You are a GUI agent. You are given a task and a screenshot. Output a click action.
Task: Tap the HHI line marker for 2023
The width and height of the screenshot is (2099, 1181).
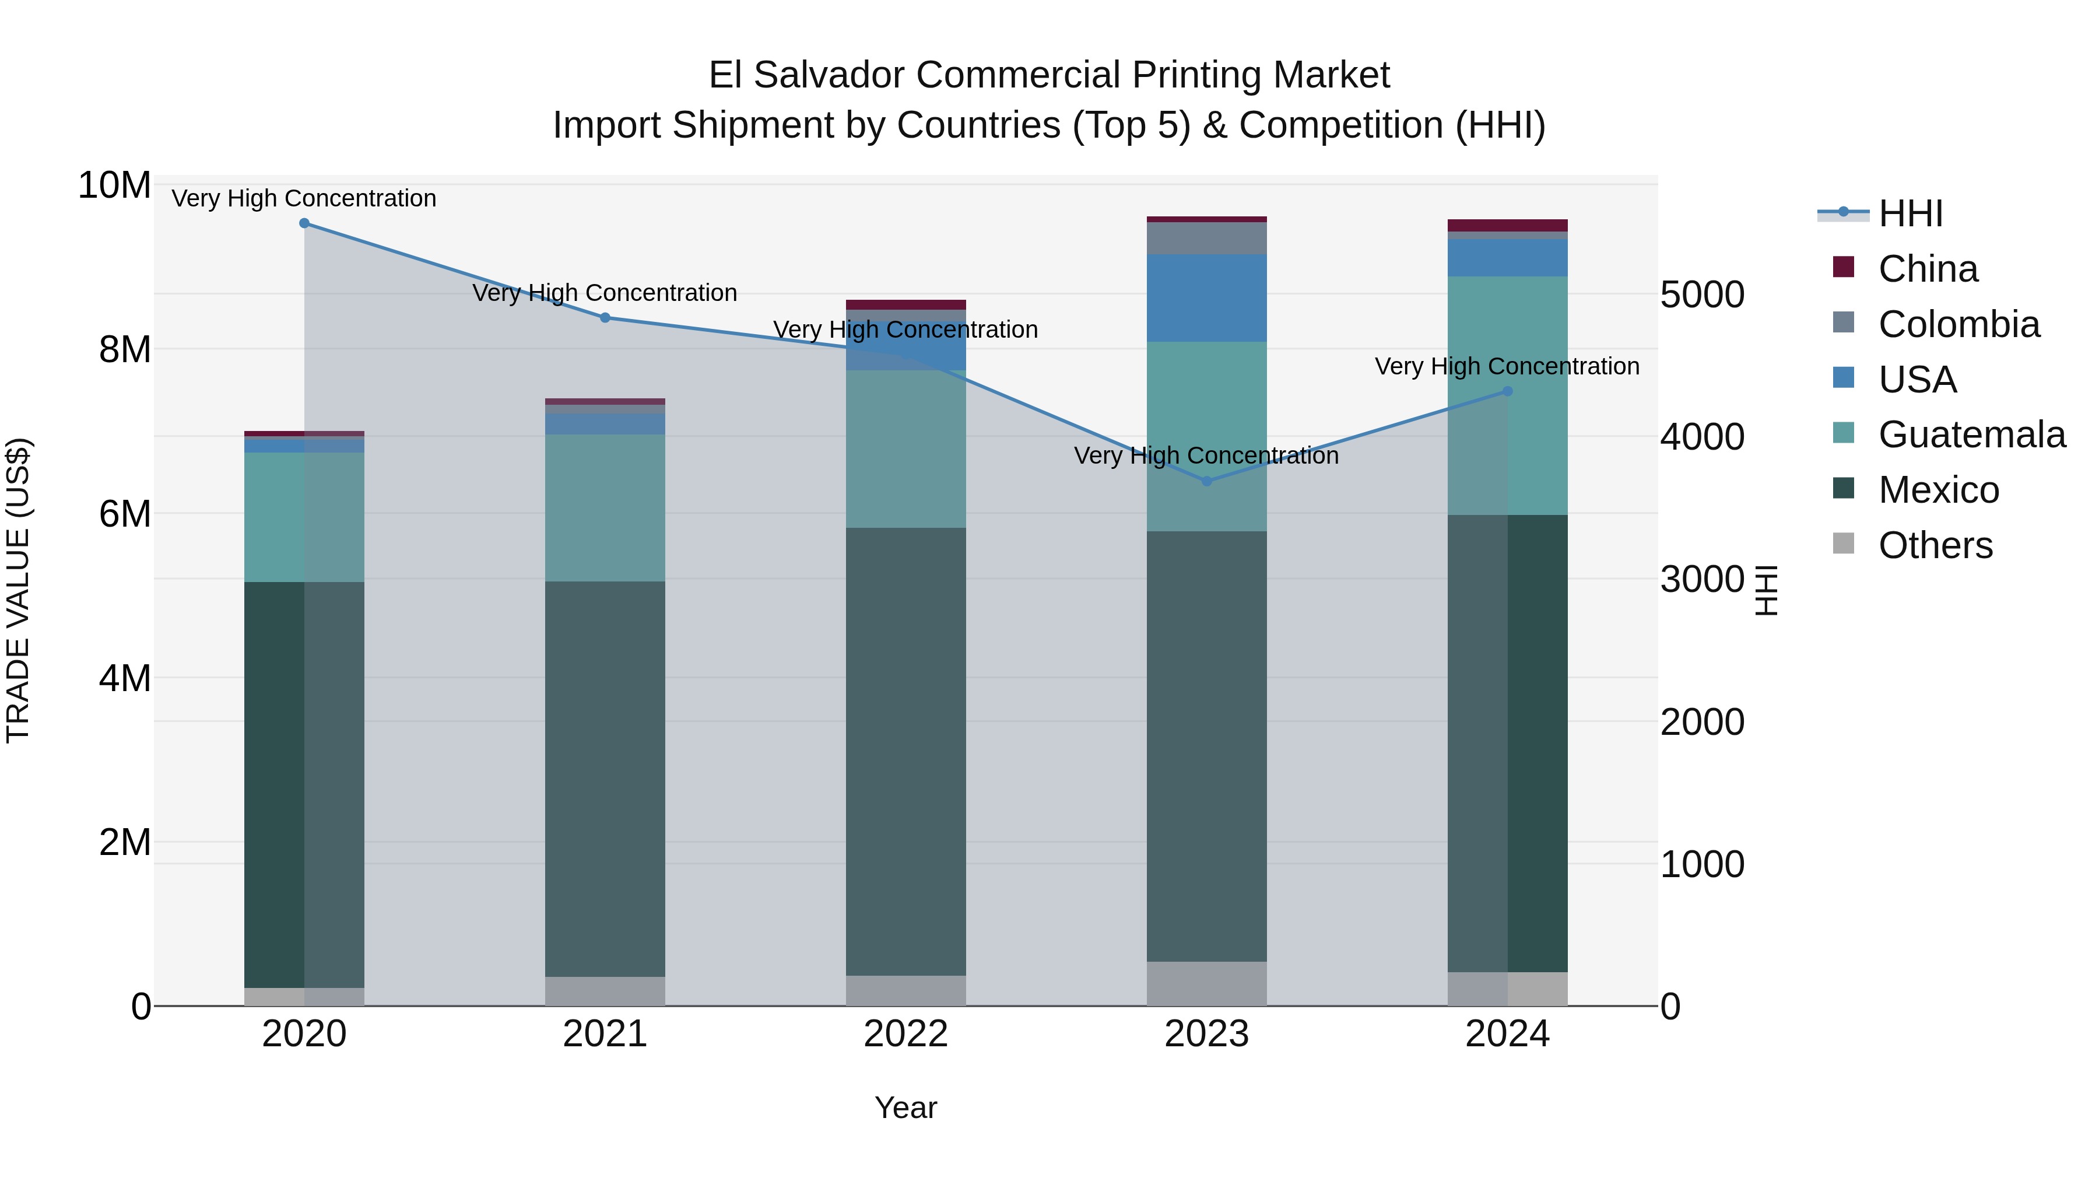[1207, 482]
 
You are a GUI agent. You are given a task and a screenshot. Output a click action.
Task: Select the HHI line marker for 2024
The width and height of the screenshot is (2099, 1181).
[1507, 392]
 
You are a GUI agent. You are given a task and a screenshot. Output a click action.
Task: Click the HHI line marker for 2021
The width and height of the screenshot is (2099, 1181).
[605, 318]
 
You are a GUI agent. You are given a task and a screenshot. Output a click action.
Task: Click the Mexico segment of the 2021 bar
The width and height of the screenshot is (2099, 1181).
[605, 779]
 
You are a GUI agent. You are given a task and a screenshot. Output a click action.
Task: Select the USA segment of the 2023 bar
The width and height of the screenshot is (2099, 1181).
[1207, 297]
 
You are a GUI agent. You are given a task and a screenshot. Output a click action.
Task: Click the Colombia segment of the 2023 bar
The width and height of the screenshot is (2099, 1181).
[1207, 238]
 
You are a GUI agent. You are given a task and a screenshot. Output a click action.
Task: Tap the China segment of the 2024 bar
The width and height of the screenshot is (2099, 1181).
[1507, 226]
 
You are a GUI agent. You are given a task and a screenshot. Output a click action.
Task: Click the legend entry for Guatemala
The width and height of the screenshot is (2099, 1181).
[1971, 434]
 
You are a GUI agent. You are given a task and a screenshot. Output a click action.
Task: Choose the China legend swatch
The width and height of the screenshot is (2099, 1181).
[1843, 267]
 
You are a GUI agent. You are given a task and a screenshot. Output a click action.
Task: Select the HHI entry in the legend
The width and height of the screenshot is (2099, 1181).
[1910, 213]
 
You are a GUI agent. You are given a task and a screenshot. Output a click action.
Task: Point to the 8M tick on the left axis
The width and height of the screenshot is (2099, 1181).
[125, 350]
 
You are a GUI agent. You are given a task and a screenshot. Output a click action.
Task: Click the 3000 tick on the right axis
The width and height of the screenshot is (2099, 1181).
[1702, 580]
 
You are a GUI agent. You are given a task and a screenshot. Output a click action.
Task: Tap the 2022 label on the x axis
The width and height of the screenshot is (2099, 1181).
[905, 1034]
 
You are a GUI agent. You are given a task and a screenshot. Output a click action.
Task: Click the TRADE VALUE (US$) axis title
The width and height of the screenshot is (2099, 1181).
[18, 590]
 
